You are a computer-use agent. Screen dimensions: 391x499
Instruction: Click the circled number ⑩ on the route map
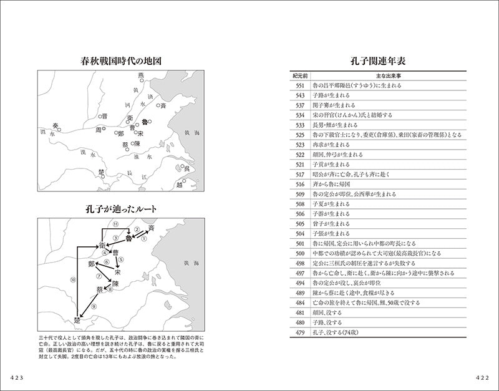pos(73,281)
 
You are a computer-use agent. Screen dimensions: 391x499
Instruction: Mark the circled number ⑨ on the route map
pos(94,307)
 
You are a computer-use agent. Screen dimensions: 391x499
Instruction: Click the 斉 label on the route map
pos(151,230)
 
